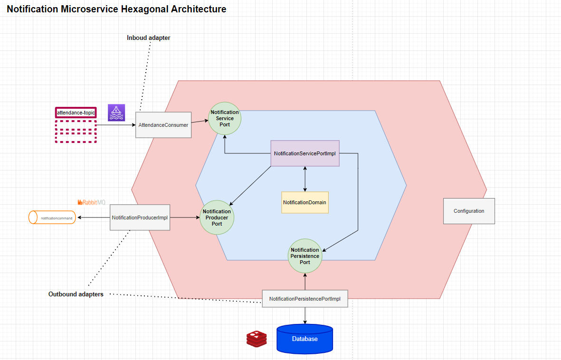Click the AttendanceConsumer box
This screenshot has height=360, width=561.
tap(163, 125)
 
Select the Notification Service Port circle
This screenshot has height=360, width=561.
tap(225, 119)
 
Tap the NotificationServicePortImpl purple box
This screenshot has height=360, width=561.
tap(305, 153)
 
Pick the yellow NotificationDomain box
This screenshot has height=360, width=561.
tap(304, 202)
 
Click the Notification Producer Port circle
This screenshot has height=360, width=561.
tap(217, 218)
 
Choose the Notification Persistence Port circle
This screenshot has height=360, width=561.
tap(305, 256)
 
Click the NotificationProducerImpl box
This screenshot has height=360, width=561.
tap(140, 218)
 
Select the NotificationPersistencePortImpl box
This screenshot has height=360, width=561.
tap(304, 299)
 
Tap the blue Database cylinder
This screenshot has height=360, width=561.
tap(304, 339)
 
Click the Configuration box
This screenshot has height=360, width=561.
tap(469, 211)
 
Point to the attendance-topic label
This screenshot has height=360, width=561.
tap(76, 113)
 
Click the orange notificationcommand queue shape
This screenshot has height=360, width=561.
tap(52, 218)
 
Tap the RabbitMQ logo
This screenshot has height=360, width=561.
tap(92, 202)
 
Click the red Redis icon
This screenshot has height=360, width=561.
tap(257, 339)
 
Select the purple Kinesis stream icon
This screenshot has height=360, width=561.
tap(116, 113)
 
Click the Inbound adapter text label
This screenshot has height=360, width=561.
tap(148, 38)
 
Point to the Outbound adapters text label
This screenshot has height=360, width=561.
tap(76, 294)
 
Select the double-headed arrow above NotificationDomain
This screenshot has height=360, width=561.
tap(304, 179)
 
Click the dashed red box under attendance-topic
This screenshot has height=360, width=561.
tap(76, 131)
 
